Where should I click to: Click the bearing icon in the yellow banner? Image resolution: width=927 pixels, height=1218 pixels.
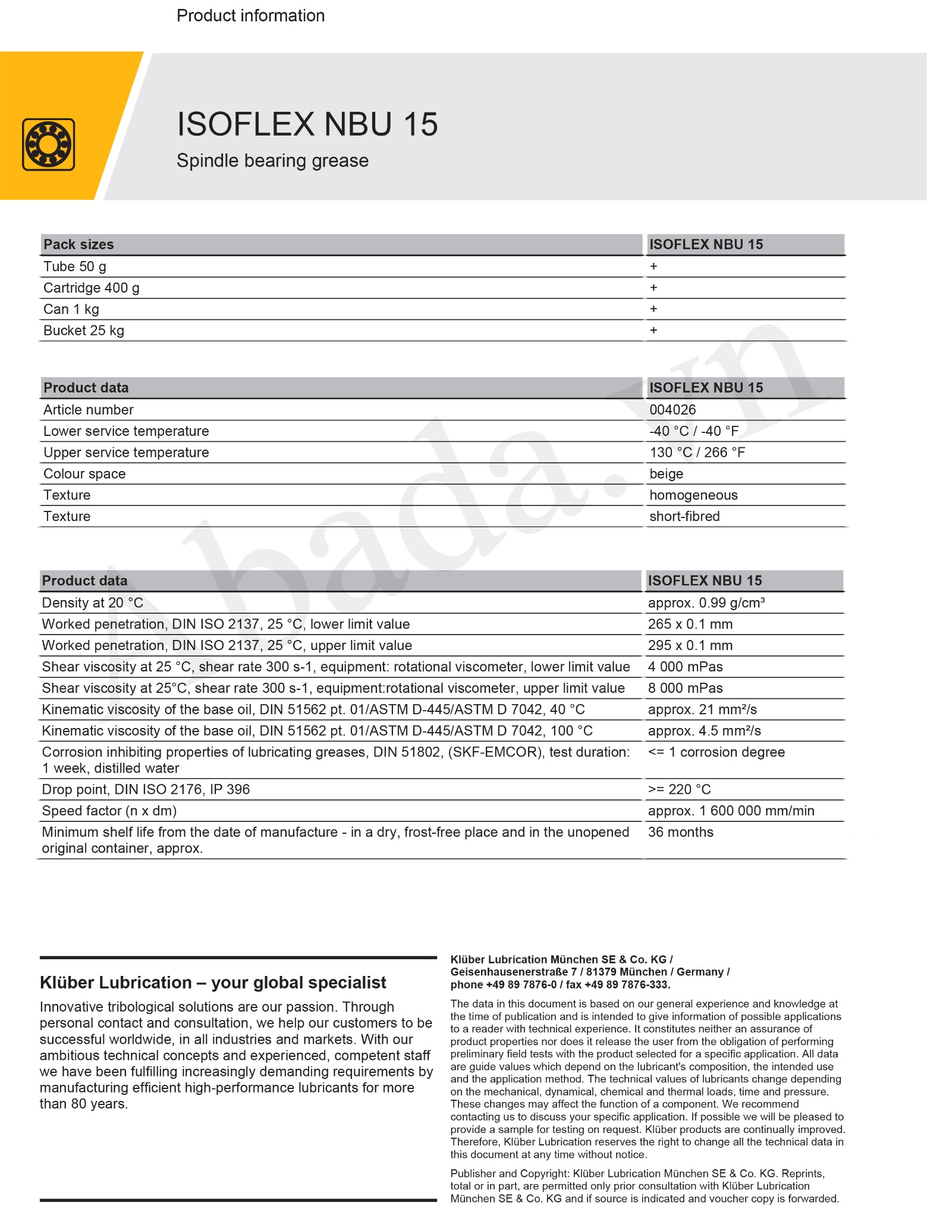tap(49, 145)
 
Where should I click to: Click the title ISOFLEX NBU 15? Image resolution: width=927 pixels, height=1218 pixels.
tap(307, 124)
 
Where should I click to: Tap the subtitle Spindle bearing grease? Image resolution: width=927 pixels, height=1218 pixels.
tap(272, 161)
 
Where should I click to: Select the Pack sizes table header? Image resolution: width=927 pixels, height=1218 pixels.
tap(78, 244)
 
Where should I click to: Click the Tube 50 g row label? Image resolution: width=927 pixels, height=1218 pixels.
tap(75, 266)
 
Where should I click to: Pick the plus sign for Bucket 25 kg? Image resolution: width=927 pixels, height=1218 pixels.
tap(653, 331)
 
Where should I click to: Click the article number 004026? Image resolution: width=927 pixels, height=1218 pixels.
tap(673, 410)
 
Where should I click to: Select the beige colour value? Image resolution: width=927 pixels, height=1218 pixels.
tap(667, 474)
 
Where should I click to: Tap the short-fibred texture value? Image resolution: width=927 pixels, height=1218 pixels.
tap(684, 516)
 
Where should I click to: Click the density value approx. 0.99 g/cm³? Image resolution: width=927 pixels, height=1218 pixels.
tap(706, 603)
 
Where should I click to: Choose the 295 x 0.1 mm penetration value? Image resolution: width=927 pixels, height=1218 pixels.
tap(690, 645)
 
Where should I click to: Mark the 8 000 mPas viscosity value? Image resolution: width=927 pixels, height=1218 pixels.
tap(685, 688)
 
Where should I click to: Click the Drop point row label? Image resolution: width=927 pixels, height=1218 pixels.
tap(146, 789)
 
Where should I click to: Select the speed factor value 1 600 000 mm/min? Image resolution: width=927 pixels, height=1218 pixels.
tap(731, 811)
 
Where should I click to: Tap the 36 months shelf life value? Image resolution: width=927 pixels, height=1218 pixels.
tap(680, 832)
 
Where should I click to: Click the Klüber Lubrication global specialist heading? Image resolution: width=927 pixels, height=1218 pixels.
tap(213, 982)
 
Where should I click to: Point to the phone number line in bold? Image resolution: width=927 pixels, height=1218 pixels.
tap(560, 984)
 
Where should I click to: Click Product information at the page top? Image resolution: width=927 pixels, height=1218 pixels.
tap(250, 15)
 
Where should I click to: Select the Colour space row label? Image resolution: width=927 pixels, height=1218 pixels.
tap(84, 474)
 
